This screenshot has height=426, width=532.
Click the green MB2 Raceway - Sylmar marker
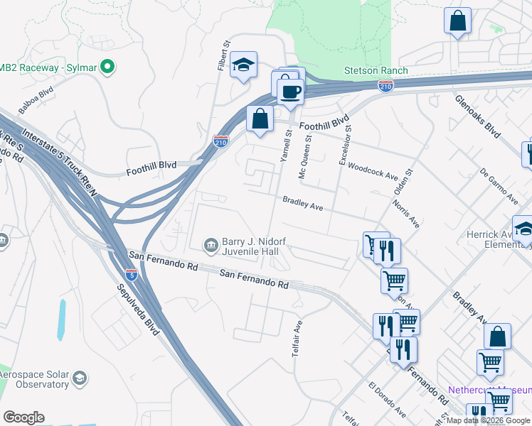(x=107, y=68)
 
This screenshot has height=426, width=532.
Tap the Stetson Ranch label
(x=376, y=70)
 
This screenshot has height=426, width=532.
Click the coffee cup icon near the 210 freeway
(x=290, y=92)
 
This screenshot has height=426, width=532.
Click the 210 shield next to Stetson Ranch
(x=385, y=86)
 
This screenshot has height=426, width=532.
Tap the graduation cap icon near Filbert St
(x=243, y=65)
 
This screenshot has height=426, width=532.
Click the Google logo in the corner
(x=23, y=417)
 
